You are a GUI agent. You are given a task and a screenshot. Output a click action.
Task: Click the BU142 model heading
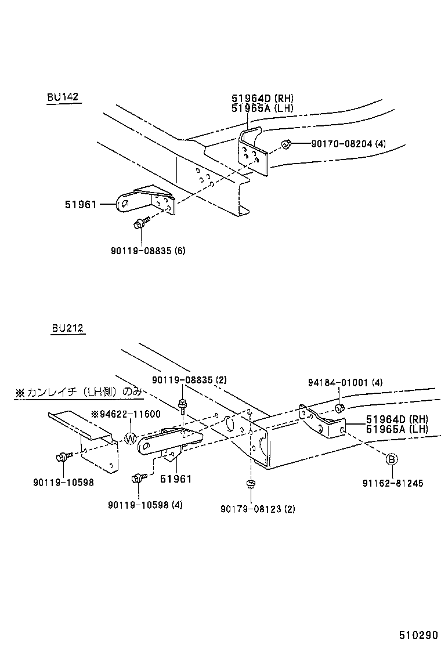(63, 97)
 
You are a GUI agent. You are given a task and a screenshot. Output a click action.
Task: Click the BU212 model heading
(67, 328)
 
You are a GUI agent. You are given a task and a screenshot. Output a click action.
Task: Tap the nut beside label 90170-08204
(285, 144)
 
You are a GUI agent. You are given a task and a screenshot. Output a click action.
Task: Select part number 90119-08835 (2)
(189, 379)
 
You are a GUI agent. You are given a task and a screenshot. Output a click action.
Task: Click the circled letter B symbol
(392, 459)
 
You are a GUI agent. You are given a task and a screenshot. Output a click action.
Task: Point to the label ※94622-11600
(126, 414)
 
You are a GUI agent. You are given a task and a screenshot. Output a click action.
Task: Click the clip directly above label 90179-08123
(250, 484)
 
